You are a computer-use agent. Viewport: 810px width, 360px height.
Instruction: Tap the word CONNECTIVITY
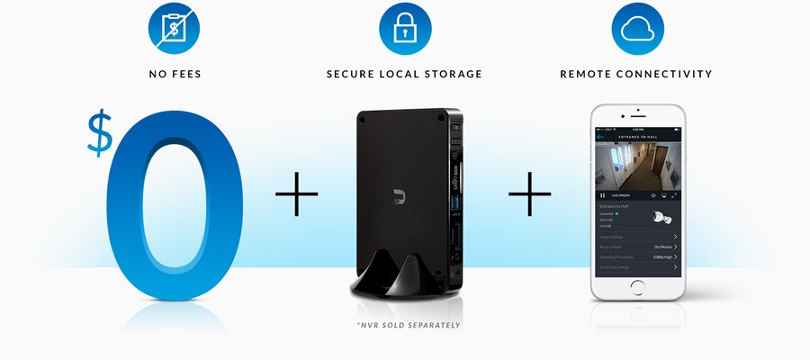666,74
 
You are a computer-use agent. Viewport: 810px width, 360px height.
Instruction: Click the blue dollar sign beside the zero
98,134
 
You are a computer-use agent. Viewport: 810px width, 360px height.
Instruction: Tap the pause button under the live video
602,194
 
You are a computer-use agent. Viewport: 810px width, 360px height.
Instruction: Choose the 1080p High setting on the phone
661,256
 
